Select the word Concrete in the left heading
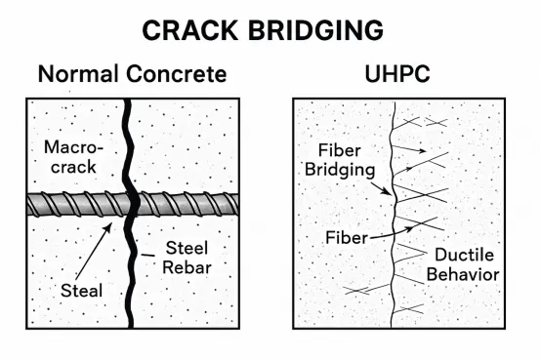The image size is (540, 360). point(179,73)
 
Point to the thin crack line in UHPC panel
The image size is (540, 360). point(393,283)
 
